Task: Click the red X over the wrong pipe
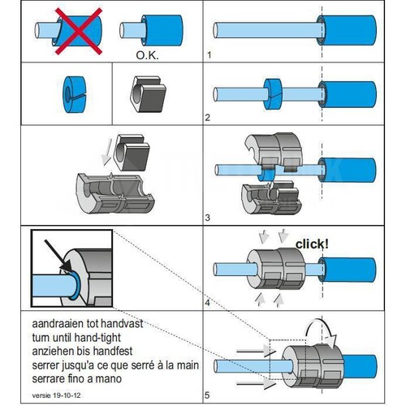point(79,32)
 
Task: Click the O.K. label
point(147,55)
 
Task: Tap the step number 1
point(209,55)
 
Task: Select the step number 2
point(208,118)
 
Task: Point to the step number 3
point(208,218)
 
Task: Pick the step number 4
point(208,303)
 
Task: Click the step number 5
point(207,395)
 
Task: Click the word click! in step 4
point(312,244)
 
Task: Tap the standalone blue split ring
point(75,94)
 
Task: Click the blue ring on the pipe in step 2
point(273,94)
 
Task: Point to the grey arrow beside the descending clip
point(107,152)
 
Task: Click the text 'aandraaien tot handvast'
point(88,324)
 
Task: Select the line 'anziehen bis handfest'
point(82,352)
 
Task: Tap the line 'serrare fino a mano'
point(77,378)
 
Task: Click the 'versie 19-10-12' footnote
point(56,395)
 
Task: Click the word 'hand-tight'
point(97,338)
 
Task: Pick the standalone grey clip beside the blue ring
point(149,94)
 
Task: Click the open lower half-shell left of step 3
point(114,193)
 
